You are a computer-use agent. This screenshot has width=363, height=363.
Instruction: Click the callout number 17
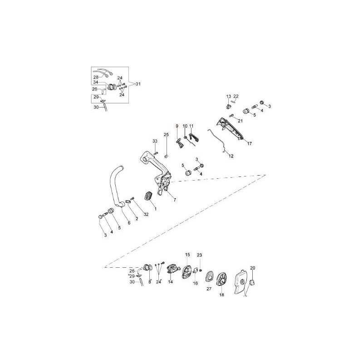click(x=249, y=143)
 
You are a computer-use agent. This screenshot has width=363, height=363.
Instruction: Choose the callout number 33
click(x=155, y=142)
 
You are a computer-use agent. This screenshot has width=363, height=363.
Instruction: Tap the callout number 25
click(x=166, y=135)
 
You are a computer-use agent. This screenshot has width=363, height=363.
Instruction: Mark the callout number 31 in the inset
click(x=138, y=84)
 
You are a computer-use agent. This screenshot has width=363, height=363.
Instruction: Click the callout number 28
click(x=96, y=77)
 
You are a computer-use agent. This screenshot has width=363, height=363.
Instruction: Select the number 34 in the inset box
click(x=96, y=82)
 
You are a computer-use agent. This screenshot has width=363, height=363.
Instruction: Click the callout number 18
click(x=222, y=295)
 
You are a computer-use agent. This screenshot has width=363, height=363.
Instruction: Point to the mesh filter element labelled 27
click(x=209, y=277)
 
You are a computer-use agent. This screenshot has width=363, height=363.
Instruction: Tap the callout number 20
click(x=253, y=268)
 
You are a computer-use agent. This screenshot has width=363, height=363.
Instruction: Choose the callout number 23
click(x=199, y=255)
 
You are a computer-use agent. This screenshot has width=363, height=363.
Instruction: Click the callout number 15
click(x=187, y=255)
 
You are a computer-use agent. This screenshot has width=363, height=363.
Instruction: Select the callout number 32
click(x=146, y=214)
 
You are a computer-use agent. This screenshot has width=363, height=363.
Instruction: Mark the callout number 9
click(x=177, y=126)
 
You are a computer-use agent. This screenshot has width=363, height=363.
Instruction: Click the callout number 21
click(x=240, y=121)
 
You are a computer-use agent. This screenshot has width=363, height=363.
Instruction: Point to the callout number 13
click(x=228, y=96)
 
